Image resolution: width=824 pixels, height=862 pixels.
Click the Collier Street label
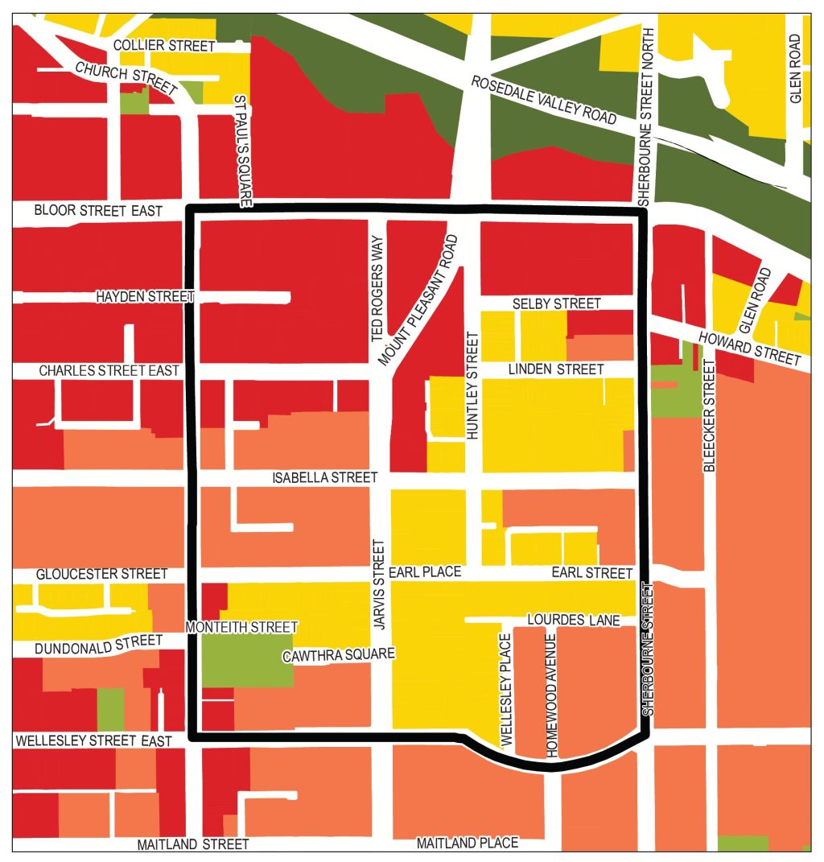coord(164,46)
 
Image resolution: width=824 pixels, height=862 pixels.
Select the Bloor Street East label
coord(98,211)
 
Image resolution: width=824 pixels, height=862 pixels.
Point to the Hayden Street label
coord(145,297)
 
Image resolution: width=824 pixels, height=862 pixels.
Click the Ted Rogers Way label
coord(379,287)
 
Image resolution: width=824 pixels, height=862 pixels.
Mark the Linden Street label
coord(555,369)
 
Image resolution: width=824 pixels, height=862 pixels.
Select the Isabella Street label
coord(324,478)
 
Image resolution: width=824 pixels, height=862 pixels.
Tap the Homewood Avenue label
coord(552,695)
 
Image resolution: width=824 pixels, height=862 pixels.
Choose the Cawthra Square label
coord(339,655)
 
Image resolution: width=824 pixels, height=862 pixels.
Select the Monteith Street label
coord(241,627)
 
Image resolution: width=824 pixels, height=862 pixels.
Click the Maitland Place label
coord(467,843)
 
